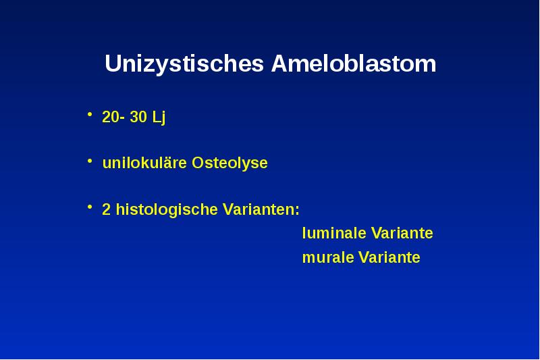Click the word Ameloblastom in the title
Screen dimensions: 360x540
(x=353, y=65)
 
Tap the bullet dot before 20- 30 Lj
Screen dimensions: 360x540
(x=90, y=116)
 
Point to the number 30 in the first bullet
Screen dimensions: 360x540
(x=138, y=118)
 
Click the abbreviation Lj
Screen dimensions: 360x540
(x=159, y=118)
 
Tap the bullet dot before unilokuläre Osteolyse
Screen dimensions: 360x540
(x=90, y=162)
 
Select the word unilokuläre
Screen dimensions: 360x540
(x=144, y=163)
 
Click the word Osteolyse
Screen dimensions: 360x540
(x=230, y=163)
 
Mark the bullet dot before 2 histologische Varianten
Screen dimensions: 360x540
(x=90, y=208)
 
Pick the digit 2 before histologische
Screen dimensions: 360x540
(x=106, y=210)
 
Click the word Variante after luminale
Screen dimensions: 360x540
(x=402, y=234)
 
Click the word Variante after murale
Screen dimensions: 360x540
(x=389, y=258)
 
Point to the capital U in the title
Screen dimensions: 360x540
(x=112, y=65)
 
